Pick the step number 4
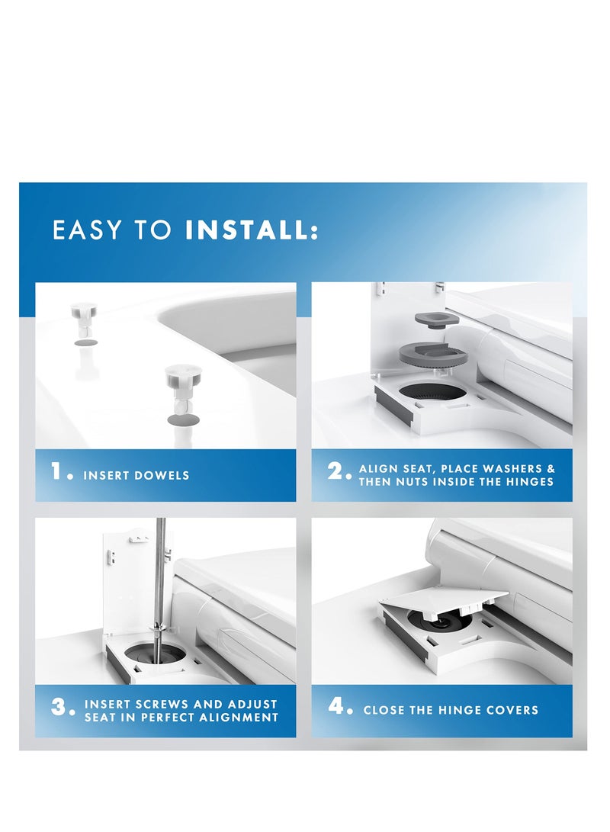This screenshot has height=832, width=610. tap(340, 706)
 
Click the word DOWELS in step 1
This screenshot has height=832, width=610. tap(163, 475)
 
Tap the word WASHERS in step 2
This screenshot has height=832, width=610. tap(513, 468)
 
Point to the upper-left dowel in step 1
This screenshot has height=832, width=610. tap(84, 320)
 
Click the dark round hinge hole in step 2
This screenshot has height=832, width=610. tap(432, 391)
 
